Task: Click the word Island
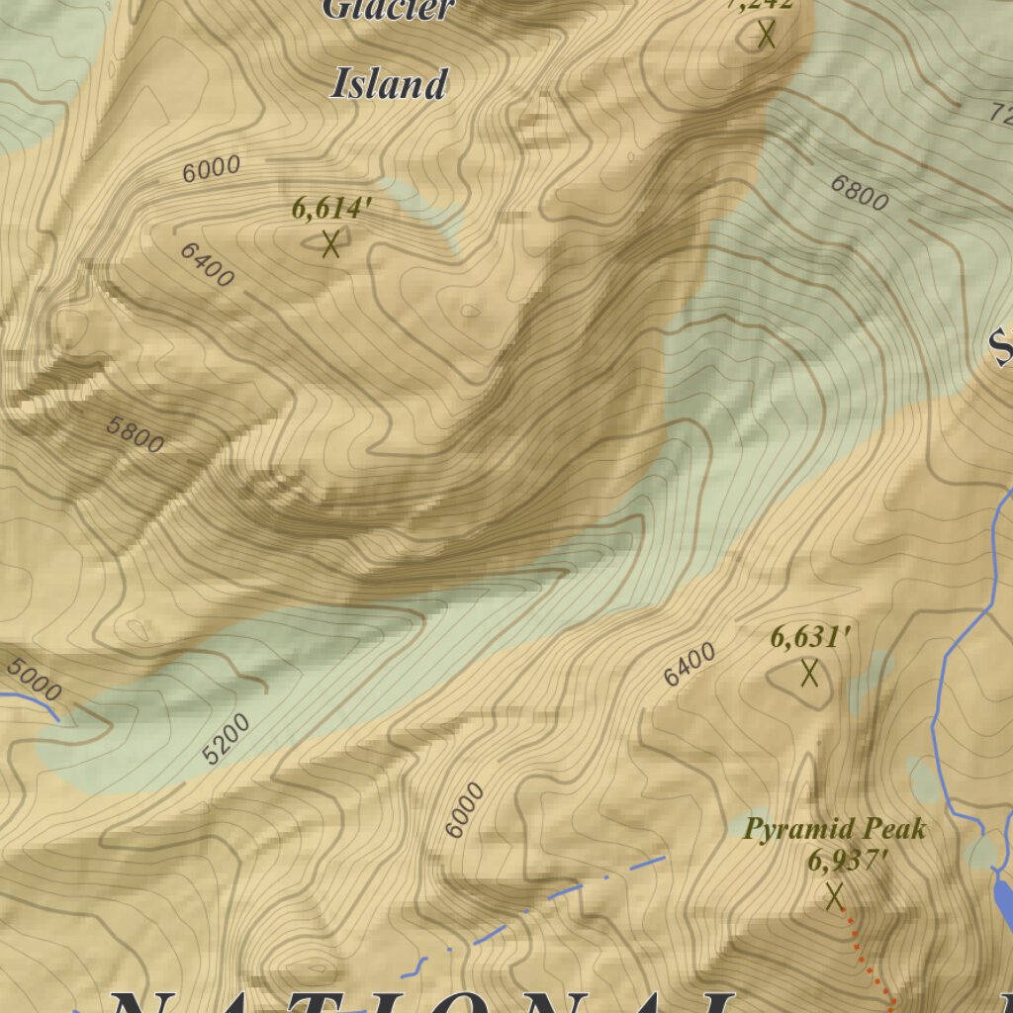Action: (388, 84)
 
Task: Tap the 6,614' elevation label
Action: (331, 210)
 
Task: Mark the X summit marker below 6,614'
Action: (330, 242)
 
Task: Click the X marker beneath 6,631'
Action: (809, 674)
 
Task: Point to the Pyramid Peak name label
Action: (835, 828)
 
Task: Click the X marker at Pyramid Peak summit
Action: (834, 896)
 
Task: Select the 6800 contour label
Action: (859, 193)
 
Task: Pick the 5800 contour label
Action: (135, 435)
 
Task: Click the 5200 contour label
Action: (227, 739)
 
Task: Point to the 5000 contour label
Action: (33, 678)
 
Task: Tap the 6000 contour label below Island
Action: (212, 168)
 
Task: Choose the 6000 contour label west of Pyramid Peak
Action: (465, 810)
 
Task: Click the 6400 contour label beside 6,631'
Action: (690, 664)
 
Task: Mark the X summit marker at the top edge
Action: (766, 36)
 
